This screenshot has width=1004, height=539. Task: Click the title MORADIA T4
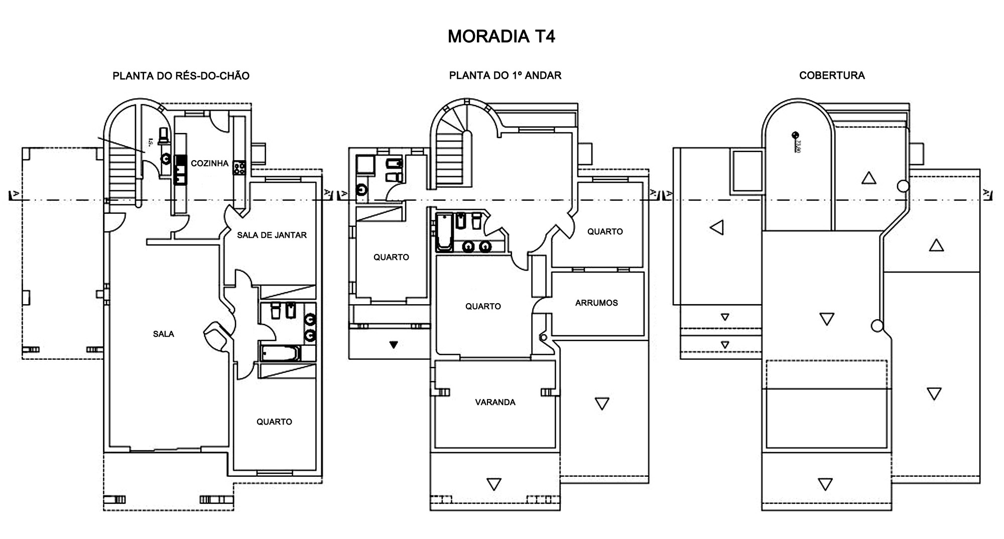pos(501,37)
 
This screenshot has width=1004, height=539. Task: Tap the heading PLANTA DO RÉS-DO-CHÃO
pos(181,76)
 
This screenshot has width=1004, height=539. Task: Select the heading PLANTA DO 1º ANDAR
pos(505,75)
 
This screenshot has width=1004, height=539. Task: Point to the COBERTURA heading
pos(832,75)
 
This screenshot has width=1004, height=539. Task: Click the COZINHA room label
pos(209,163)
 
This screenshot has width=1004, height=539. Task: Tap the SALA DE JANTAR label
pos(272,235)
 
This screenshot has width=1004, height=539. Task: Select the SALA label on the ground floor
pos(163,334)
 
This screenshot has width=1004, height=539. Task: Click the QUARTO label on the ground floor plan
pos(274,422)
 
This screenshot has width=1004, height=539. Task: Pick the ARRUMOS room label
pos(596,303)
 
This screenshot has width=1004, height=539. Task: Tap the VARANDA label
pos(495,402)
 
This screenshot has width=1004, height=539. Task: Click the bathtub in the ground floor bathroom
pos(281,353)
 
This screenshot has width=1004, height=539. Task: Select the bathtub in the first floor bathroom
pos(444,232)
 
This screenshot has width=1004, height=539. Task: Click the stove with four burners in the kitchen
pos(239,168)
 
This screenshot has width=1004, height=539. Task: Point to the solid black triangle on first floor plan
pos(394,345)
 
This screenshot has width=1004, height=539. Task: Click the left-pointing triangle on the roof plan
pos(717,227)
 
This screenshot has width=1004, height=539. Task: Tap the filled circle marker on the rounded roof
pos(795,134)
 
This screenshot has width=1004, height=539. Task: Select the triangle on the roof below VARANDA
pos(494,484)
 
